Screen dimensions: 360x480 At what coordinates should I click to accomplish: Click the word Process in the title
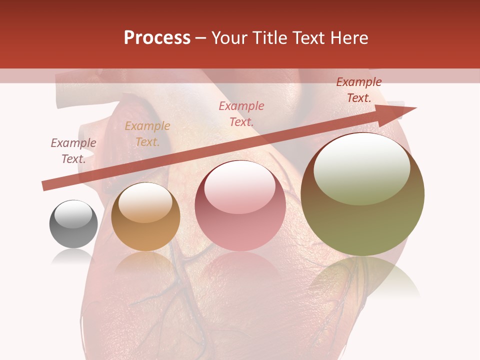point(157,38)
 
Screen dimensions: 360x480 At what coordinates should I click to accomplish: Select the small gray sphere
point(73,224)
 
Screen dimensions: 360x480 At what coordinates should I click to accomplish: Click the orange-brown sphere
point(145,217)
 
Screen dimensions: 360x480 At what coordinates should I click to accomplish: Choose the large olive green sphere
point(362,194)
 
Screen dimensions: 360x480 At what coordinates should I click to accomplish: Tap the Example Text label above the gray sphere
point(73,151)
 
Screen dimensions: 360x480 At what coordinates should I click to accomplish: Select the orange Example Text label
point(147,134)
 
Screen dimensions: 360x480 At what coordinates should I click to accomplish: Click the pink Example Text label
point(241,113)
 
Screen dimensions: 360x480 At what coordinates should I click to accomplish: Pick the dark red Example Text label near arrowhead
point(359,90)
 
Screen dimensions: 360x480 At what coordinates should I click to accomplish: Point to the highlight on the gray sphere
point(73,214)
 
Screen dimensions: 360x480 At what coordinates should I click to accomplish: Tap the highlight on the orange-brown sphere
point(145,201)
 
